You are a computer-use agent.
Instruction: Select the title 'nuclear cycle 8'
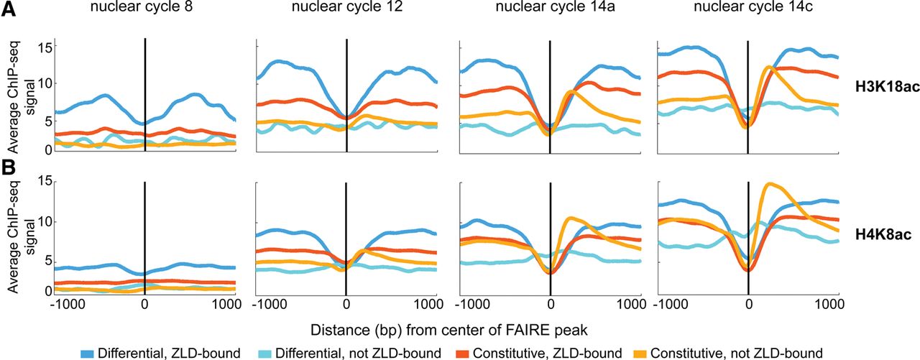145,9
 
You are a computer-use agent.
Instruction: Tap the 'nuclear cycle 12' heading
347,9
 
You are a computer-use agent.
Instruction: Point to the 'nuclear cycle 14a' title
550,9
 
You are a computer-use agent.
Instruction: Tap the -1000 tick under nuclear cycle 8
65,304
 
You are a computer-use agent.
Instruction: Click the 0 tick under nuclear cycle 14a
551,304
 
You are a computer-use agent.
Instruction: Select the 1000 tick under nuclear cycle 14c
826,304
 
